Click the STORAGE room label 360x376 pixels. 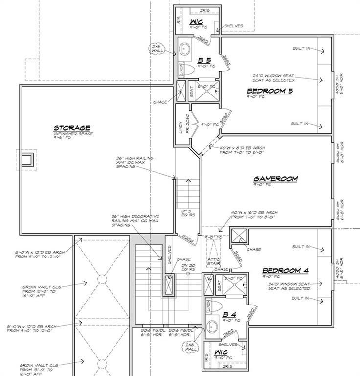(72, 128)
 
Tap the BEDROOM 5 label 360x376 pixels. (270, 91)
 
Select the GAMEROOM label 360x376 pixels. (275, 179)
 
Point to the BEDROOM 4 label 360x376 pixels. (285, 271)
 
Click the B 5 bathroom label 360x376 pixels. (203, 61)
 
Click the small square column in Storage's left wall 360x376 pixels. (27, 160)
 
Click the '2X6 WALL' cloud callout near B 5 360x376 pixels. (158, 48)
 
